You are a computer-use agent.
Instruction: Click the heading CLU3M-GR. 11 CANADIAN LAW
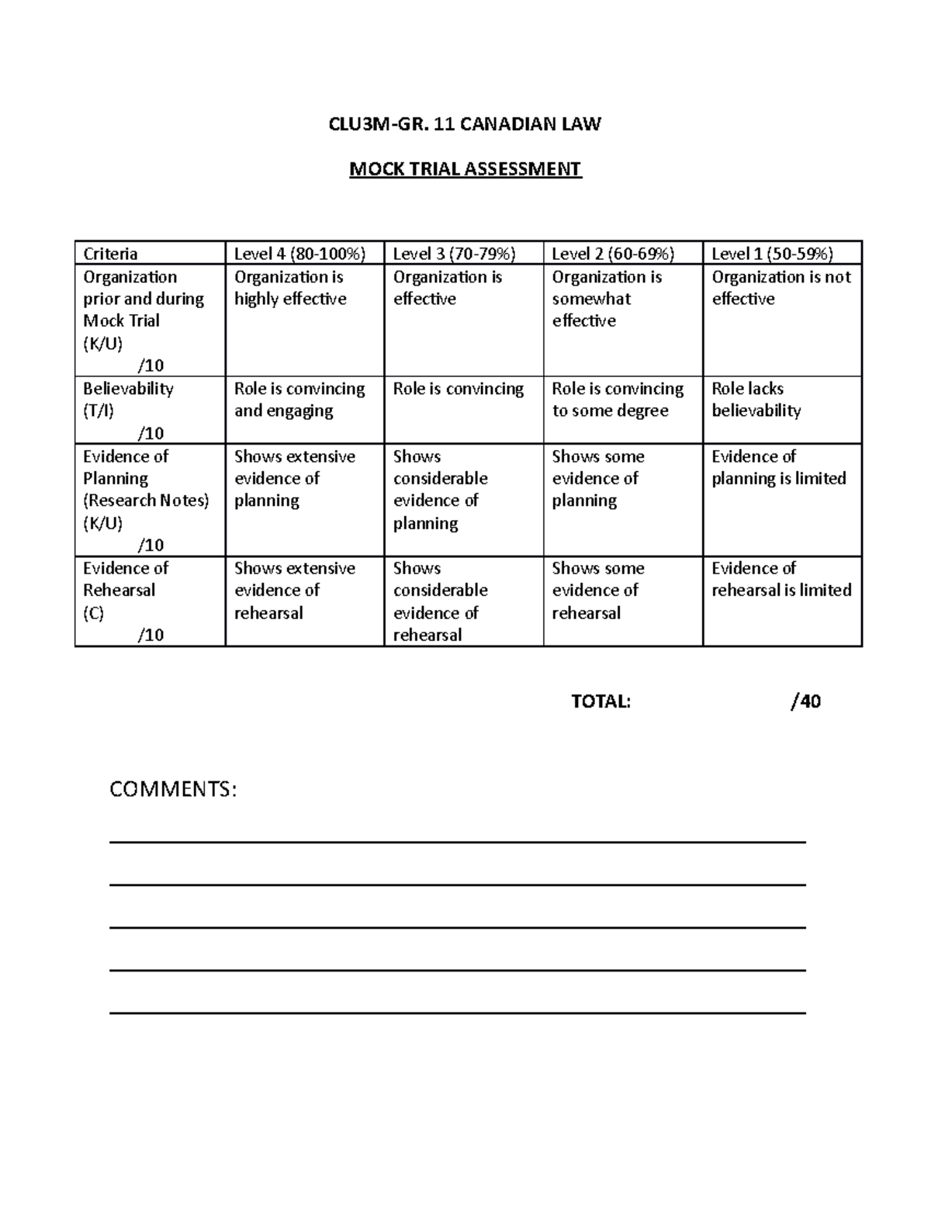coord(465,124)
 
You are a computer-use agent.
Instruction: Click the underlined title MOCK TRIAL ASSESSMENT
coord(465,168)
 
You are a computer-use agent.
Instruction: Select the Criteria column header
coord(111,254)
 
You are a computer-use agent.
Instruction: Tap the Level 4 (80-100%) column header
coord(299,254)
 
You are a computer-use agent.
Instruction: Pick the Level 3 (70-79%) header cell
coord(455,254)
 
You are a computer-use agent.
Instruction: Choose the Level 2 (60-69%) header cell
coord(613,254)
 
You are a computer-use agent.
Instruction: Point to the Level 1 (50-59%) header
coord(773,254)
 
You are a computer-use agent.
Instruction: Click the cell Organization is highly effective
coord(291,288)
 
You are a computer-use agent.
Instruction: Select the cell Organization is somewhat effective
coord(607,299)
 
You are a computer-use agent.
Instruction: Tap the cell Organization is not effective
coord(780,288)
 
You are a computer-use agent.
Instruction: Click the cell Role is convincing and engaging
coord(299,400)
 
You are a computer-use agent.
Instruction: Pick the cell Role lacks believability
coord(756,400)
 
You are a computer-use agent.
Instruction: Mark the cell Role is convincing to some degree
coord(618,400)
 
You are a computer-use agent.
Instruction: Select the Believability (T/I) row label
coord(128,399)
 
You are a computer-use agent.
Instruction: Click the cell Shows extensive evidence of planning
coord(295,478)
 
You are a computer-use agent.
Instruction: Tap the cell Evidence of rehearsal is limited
coord(780,579)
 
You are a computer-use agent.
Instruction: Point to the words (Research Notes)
coord(146,500)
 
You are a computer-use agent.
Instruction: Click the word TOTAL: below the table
coord(601,701)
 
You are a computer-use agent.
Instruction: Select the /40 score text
coord(805,701)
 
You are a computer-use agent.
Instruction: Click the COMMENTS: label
coord(173,790)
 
